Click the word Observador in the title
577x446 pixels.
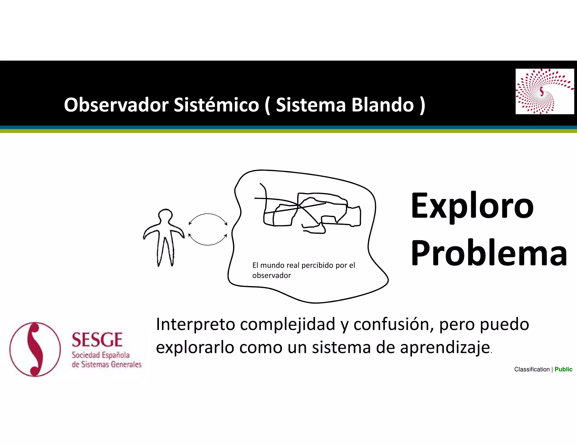pos(116,105)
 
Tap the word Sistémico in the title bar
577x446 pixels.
pos(216,105)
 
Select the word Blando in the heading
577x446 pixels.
pos(382,105)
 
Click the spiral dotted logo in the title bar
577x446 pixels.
pos(544,91)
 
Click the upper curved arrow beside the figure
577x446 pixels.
pos(208,218)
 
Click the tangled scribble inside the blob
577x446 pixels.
pos(307,210)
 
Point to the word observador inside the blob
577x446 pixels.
pos(271,275)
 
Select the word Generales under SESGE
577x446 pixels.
pos(126,365)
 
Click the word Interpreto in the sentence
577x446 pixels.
pos(195,324)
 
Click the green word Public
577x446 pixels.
pos(563,369)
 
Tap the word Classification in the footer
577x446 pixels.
pos(532,369)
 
